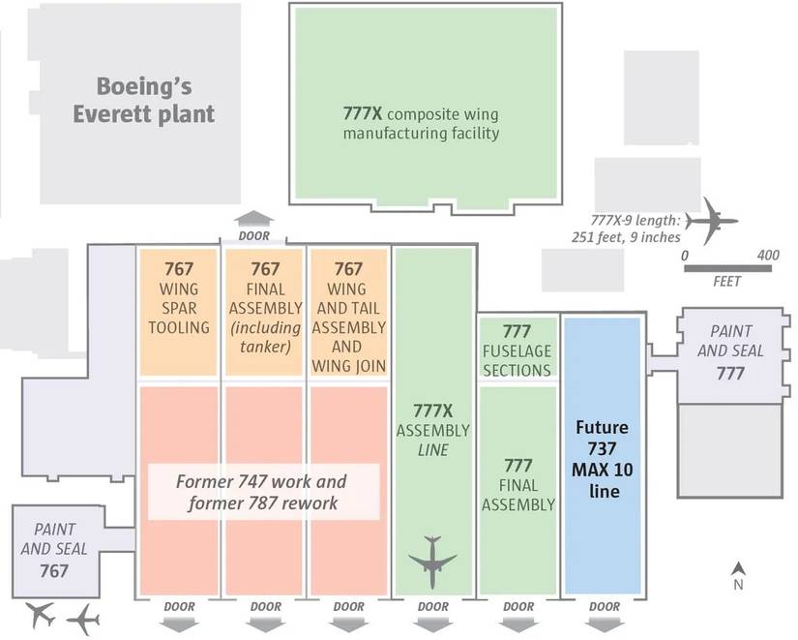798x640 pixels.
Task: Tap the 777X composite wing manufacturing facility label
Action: point(422,123)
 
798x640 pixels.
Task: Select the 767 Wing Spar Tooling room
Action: point(179,310)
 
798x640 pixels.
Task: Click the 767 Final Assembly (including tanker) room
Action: point(265,310)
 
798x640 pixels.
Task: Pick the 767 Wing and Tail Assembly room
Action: point(348,315)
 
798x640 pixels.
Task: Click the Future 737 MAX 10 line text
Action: point(602,459)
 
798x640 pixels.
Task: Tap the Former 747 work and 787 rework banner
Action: point(261,490)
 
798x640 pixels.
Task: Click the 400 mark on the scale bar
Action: point(767,255)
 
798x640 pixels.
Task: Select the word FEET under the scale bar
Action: point(725,282)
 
